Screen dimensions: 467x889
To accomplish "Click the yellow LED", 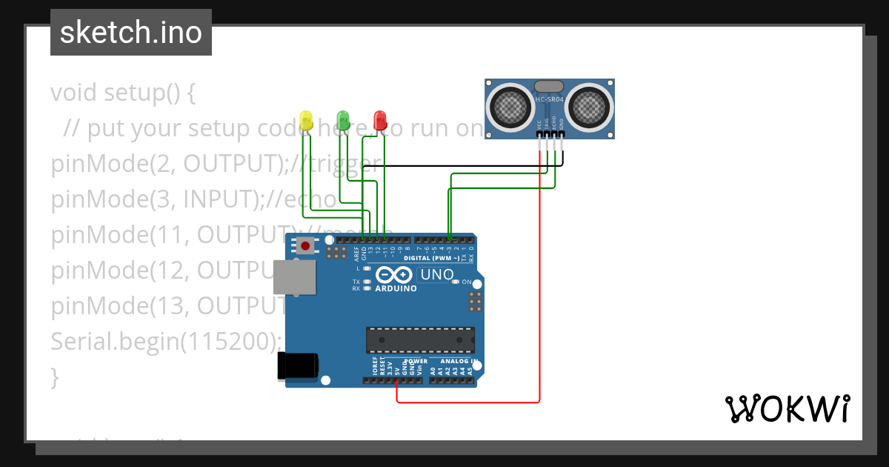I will pos(306,120).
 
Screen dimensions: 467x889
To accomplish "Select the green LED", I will pos(342,119).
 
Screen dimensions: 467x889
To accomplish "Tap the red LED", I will pos(379,119).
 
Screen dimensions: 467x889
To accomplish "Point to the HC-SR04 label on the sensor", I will pos(550,99).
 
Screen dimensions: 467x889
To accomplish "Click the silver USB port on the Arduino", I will pos(293,276).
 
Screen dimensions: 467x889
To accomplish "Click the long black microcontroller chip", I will pos(420,339).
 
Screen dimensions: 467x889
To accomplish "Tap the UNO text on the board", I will pos(437,275).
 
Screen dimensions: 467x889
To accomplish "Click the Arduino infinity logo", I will pos(396,274).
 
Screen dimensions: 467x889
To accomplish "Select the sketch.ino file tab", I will pos(131,33).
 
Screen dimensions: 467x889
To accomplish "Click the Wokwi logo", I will pos(787,409).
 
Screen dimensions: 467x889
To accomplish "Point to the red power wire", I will pos(540,297).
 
